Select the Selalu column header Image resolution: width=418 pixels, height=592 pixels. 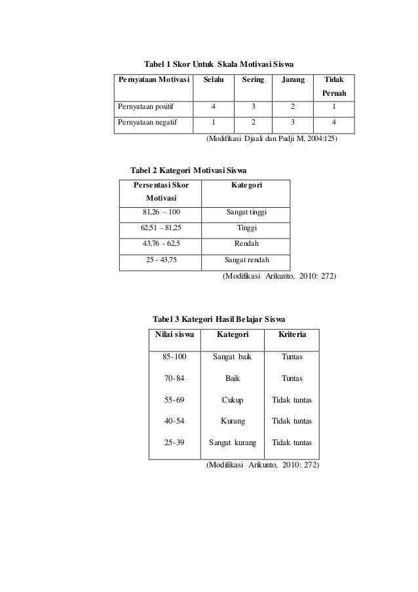point(213,79)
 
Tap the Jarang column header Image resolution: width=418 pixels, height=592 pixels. point(293,79)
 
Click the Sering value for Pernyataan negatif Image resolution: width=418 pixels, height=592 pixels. point(253,121)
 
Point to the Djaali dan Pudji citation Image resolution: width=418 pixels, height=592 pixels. point(272,139)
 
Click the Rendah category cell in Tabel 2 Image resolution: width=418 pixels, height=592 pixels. point(246,243)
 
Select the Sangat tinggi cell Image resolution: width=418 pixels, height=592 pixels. point(246,212)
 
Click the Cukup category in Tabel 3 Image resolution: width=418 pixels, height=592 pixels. point(233,399)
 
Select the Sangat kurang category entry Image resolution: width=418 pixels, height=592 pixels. point(233,442)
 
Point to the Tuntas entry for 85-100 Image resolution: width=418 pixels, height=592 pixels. point(292,357)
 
